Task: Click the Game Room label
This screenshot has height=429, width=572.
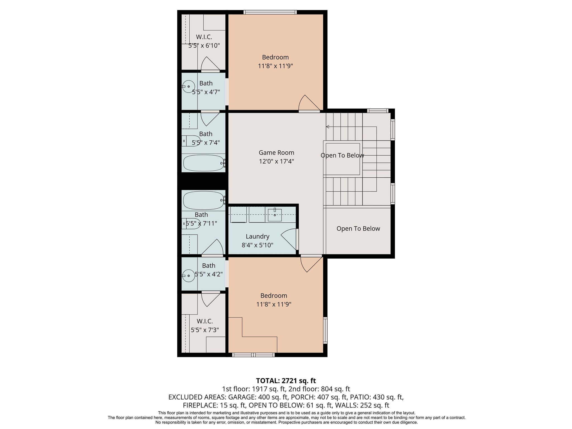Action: tap(276, 152)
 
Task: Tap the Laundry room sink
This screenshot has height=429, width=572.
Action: tap(275, 215)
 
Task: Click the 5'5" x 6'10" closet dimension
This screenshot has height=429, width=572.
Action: tap(204, 46)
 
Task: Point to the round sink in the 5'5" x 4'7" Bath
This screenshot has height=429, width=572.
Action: tap(189, 87)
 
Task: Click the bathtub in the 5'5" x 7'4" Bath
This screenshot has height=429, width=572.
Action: tap(204, 163)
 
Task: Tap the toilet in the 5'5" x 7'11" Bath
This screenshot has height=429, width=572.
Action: tap(191, 223)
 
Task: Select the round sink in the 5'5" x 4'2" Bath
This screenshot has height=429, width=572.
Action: tap(189, 276)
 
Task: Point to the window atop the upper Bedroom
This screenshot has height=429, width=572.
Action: tap(270, 12)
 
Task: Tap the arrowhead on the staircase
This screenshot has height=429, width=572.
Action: tap(328, 127)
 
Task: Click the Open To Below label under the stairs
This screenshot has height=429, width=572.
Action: tap(358, 228)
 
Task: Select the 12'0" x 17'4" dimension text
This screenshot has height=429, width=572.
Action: tap(276, 161)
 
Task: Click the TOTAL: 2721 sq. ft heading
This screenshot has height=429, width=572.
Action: tap(286, 381)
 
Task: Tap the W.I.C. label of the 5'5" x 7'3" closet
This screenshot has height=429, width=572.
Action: tap(204, 321)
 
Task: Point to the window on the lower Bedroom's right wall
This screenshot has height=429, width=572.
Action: tap(325, 330)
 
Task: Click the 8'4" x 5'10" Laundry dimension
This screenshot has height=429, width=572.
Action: tap(257, 245)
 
